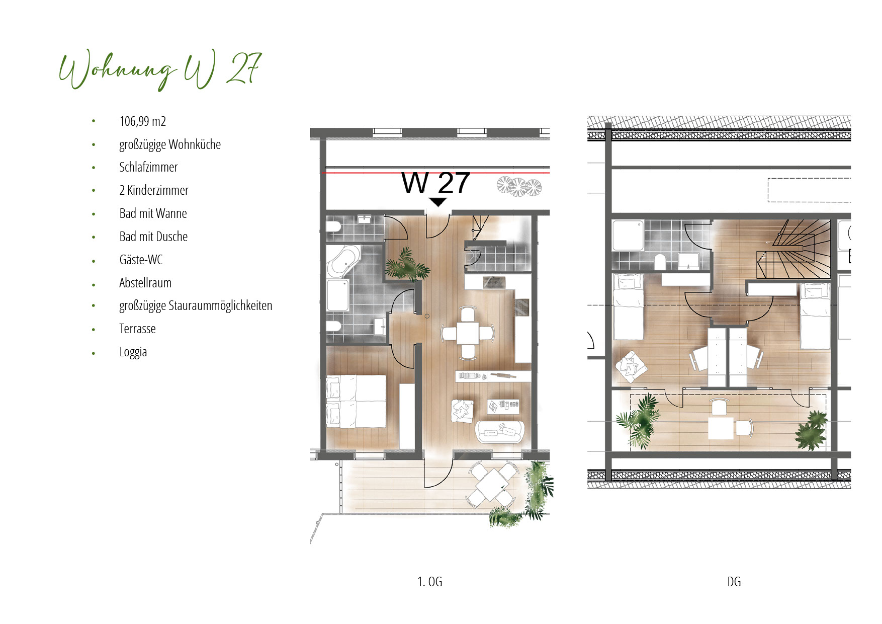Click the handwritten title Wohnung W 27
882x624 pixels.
160,70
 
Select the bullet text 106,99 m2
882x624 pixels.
143,121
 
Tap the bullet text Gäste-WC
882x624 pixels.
141,260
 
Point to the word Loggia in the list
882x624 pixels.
133,352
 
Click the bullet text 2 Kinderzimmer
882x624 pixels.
154,190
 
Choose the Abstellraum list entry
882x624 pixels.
145,283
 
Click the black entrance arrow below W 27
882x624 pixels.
438,202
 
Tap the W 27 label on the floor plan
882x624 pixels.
436,183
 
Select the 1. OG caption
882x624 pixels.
430,582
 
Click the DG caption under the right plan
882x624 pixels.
734,582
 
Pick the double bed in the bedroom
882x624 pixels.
356,401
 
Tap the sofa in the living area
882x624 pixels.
500,431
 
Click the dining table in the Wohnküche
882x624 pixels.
468,333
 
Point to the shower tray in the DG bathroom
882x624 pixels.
628,235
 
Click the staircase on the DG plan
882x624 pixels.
793,250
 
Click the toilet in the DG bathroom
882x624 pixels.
660,262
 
